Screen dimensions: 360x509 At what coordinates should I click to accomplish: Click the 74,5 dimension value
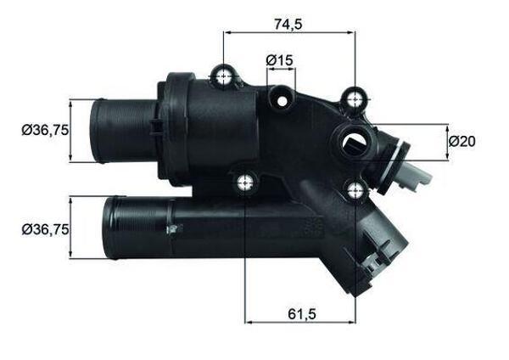[287, 24]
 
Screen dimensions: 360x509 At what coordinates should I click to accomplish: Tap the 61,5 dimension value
[297, 313]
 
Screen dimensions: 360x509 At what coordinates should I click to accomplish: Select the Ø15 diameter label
[278, 60]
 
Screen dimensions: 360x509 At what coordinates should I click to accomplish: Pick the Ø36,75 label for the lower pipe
[44, 228]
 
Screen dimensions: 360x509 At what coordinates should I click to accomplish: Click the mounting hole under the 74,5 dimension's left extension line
[224, 78]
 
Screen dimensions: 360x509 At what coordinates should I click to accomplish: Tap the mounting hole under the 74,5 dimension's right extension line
[354, 101]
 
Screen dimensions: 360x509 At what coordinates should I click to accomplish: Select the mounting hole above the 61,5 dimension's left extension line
[246, 180]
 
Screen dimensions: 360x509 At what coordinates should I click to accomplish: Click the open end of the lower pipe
[107, 228]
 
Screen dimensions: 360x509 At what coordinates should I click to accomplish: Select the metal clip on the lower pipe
[172, 227]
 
